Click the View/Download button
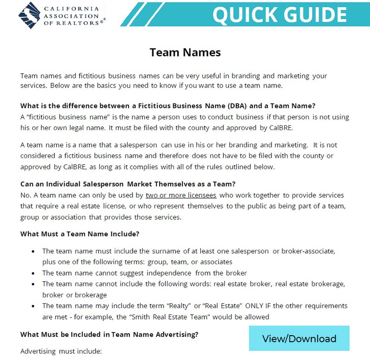point(299,338)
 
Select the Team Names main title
point(185,53)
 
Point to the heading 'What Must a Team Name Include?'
point(80,234)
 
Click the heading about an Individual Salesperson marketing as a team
point(128,184)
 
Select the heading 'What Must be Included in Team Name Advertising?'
point(109,334)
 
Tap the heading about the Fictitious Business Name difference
point(168,106)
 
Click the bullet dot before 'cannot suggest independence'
point(34,273)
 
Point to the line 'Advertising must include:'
point(61,350)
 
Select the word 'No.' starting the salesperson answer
point(26,195)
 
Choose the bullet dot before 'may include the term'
point(34,306)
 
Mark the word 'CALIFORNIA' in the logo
point(77,8)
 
